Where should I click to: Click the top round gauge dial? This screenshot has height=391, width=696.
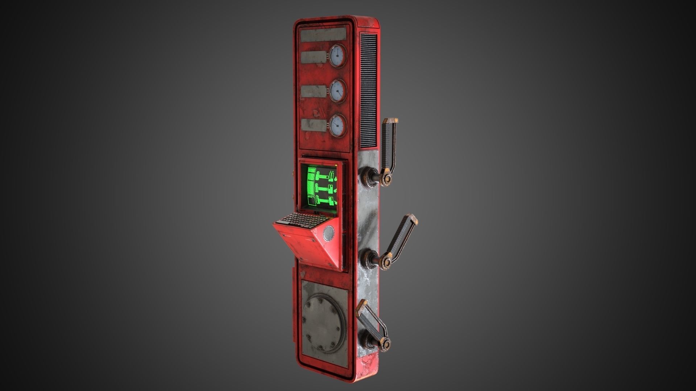[337, 56]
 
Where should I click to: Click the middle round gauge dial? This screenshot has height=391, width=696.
[337, 91]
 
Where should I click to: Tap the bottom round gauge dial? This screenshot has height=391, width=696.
[337, 125]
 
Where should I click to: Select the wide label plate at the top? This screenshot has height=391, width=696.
[323, 34]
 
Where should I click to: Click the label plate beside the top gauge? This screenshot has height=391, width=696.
[314, 57]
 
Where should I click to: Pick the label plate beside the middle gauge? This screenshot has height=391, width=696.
[314, 91]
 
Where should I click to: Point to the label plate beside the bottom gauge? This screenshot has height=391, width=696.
[314, 125]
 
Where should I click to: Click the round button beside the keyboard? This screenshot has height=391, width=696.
[328, 233]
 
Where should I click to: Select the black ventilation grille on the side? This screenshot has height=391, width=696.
[368, 91]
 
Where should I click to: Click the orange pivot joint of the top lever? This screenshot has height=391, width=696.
[387, 178]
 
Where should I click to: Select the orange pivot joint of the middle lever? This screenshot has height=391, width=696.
[386, 261]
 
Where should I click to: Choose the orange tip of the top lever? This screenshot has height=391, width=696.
[390, 121]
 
